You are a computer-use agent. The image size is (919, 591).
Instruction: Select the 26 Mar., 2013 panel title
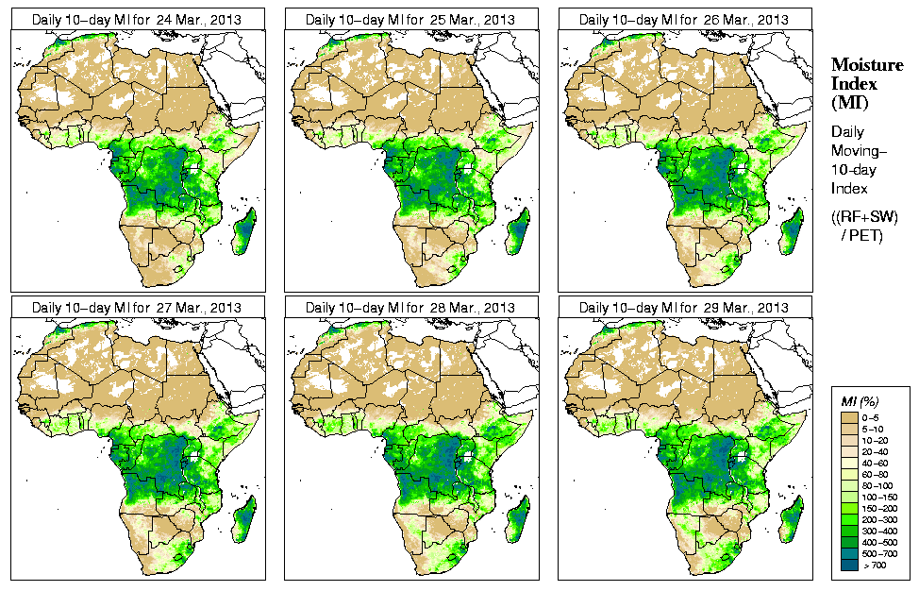click(684, 19)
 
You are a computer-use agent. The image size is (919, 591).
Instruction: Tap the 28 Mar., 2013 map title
click(410, 308)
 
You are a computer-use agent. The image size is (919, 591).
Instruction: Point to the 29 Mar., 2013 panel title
click(684, 308)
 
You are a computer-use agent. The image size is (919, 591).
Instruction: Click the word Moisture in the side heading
click(862, 64)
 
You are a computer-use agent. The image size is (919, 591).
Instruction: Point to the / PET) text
click(862, 235)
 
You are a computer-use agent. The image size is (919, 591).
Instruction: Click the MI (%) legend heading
click(861, 402)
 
